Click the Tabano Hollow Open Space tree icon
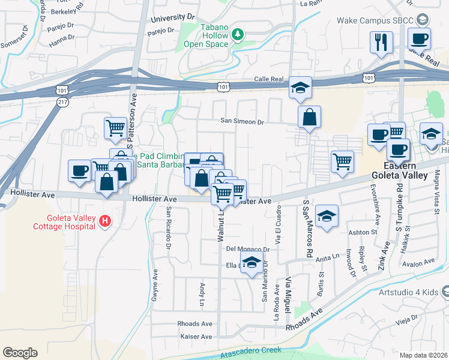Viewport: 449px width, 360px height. coord(238,34)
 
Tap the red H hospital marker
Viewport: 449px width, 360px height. coord(105,221)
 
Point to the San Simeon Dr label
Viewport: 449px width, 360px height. coord(243,121)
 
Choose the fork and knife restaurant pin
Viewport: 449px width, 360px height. coord(381,42)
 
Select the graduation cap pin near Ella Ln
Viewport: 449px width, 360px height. coord(252,263)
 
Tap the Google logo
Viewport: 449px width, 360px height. coord(20,353)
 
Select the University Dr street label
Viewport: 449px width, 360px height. coord(173,19)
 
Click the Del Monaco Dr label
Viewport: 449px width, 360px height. coord(247,249)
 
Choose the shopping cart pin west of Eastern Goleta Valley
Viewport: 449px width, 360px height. coord(342,161)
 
